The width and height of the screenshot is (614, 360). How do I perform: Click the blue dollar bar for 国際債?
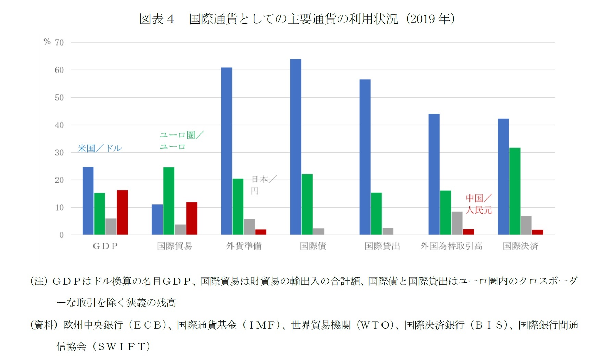[296, 147]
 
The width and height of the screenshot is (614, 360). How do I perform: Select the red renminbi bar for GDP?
[122, 213]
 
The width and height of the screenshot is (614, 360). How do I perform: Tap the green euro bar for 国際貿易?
[168, 201]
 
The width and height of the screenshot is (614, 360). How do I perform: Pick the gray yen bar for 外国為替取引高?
[457, 223]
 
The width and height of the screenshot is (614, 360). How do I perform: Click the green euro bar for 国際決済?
[514, 191]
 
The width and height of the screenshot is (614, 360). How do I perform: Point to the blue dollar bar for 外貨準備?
[226, 151]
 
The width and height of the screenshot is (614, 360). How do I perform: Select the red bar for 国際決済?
[537, 232]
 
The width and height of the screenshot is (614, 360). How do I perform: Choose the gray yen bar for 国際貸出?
[388, 231]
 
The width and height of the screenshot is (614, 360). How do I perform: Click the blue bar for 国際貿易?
[157, 219]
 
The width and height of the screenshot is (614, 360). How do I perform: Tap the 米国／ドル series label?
[99, 149]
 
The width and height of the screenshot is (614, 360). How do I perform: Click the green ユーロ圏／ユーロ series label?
[181, 141]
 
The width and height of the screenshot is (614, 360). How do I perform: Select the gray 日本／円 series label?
[263, 185]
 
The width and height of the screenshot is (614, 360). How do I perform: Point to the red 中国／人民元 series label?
[478, 204]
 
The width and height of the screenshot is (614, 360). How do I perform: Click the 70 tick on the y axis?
[59, 43]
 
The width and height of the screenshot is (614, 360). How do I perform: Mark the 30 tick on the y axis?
[59, 153]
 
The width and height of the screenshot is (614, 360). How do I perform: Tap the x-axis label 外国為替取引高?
[451, 246]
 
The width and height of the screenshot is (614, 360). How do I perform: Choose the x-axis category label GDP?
[105, 246]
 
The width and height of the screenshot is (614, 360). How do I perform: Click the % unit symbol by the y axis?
[47, 42]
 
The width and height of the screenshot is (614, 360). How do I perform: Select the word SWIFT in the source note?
[122, 347]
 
